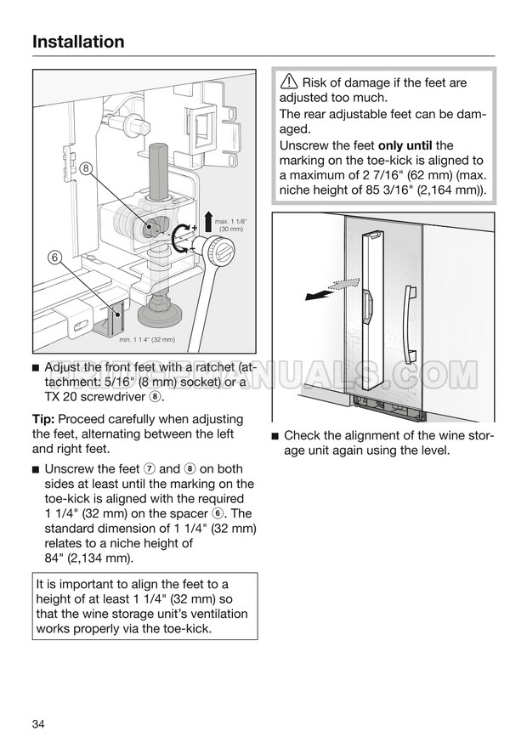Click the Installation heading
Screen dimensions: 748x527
(78, 42)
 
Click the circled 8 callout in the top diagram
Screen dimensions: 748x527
(87, 169)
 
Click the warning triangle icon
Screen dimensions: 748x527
(288, 83)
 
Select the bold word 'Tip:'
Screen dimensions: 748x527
(48, 419)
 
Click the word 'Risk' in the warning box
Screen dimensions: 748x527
(316, 83)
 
